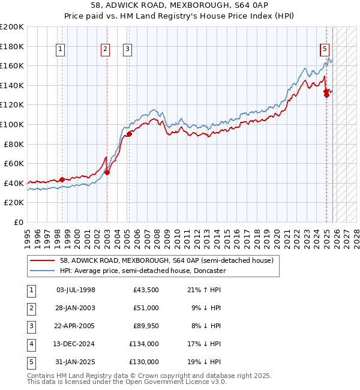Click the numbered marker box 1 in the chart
click(x=61, y=50)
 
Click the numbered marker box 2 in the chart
click(x=105, y=50)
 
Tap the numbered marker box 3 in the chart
click(x=128, y=50)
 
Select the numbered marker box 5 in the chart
click(x=325, y=50)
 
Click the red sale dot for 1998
click(x=62, y=179)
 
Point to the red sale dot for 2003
click(x=107, y=172)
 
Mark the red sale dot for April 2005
click(x=129, y=134)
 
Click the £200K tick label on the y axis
click(x=12, y=27)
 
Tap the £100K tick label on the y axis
click(x=12, y=124)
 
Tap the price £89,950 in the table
click(x=146, y=326)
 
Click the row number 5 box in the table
click(x=30, y=362)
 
